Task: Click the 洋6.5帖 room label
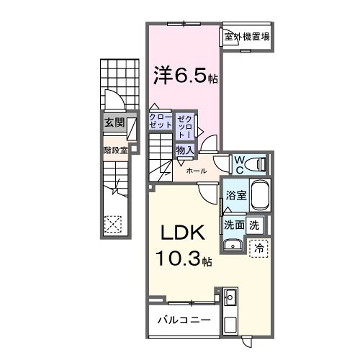(181, 76)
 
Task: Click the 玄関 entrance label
(113, 123)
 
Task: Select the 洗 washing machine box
(256, 225)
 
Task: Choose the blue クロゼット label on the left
(160, 123)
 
